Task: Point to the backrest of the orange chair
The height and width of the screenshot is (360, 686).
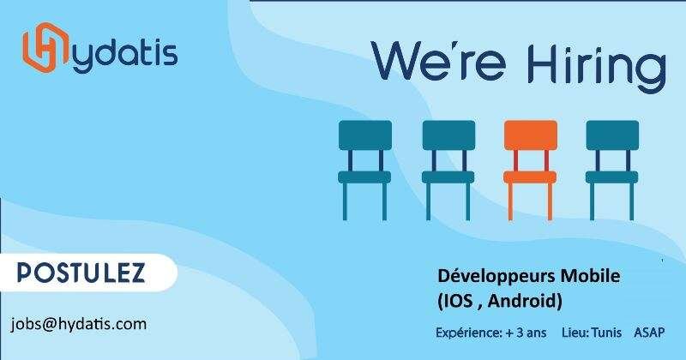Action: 529,136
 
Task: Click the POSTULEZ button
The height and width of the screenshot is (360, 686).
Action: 81,273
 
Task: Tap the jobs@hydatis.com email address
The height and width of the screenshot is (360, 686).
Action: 78,324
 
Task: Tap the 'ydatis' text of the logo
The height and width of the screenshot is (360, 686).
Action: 124,54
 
